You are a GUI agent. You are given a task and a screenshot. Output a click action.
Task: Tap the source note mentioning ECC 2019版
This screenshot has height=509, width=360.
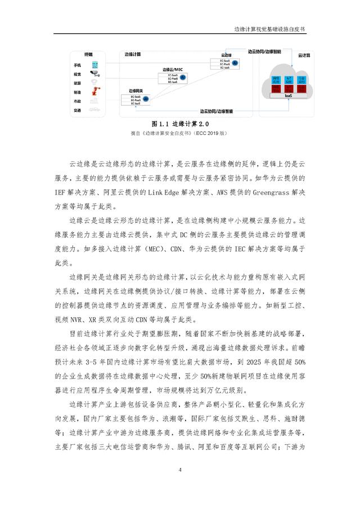tap(180, 134)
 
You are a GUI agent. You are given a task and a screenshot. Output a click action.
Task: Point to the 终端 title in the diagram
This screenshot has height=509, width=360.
tap(89, 55)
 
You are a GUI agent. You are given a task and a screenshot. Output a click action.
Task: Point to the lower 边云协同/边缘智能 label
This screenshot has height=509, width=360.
tap(216, 111)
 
